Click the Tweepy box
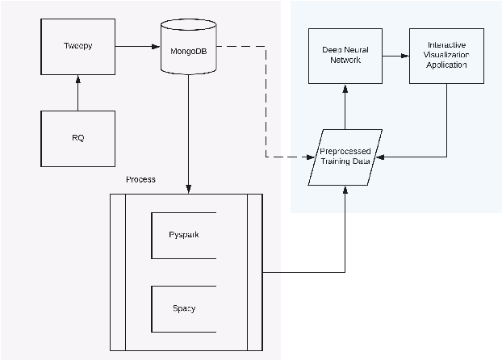77,47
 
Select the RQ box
77,138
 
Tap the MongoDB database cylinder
188,48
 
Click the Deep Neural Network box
345,56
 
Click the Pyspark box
184,235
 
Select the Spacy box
184,308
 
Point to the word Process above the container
140,179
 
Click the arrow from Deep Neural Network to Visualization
395,56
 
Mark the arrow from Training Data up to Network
345,107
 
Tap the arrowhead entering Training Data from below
345,190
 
